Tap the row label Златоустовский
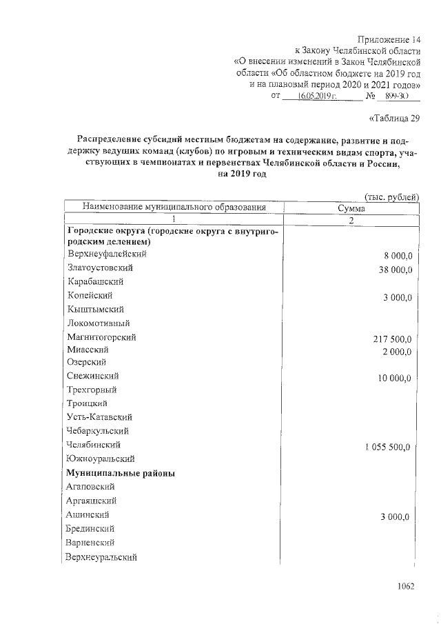100,268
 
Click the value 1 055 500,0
387,447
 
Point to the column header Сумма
351,208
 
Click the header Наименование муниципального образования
174,207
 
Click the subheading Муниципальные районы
121,473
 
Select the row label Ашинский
88,514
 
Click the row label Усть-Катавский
100,417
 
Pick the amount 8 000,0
398,256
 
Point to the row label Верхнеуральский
101,556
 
